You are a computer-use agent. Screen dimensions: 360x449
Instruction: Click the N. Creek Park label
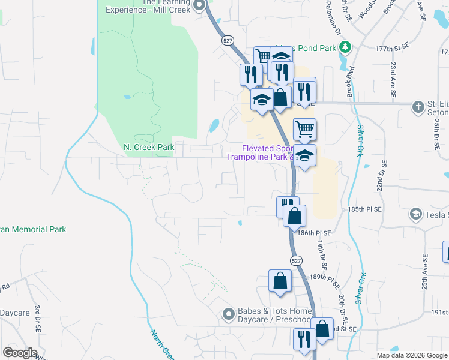click(149, 147)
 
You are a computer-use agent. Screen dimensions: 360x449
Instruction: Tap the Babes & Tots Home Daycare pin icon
click(228, 314)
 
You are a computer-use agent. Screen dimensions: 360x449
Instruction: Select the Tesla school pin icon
click(415, 214)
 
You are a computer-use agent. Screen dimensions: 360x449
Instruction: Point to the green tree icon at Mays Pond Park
click(345, 47)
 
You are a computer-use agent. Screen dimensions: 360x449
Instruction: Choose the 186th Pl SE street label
click(315, 232)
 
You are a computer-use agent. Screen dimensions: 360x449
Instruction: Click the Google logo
click(20, 353)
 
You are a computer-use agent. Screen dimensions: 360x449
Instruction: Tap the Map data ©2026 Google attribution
click(411, 355)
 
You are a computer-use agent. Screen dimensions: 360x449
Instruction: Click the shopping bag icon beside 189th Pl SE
click(280, 280)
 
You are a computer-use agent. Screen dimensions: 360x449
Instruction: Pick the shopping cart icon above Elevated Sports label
click(304, 128)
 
